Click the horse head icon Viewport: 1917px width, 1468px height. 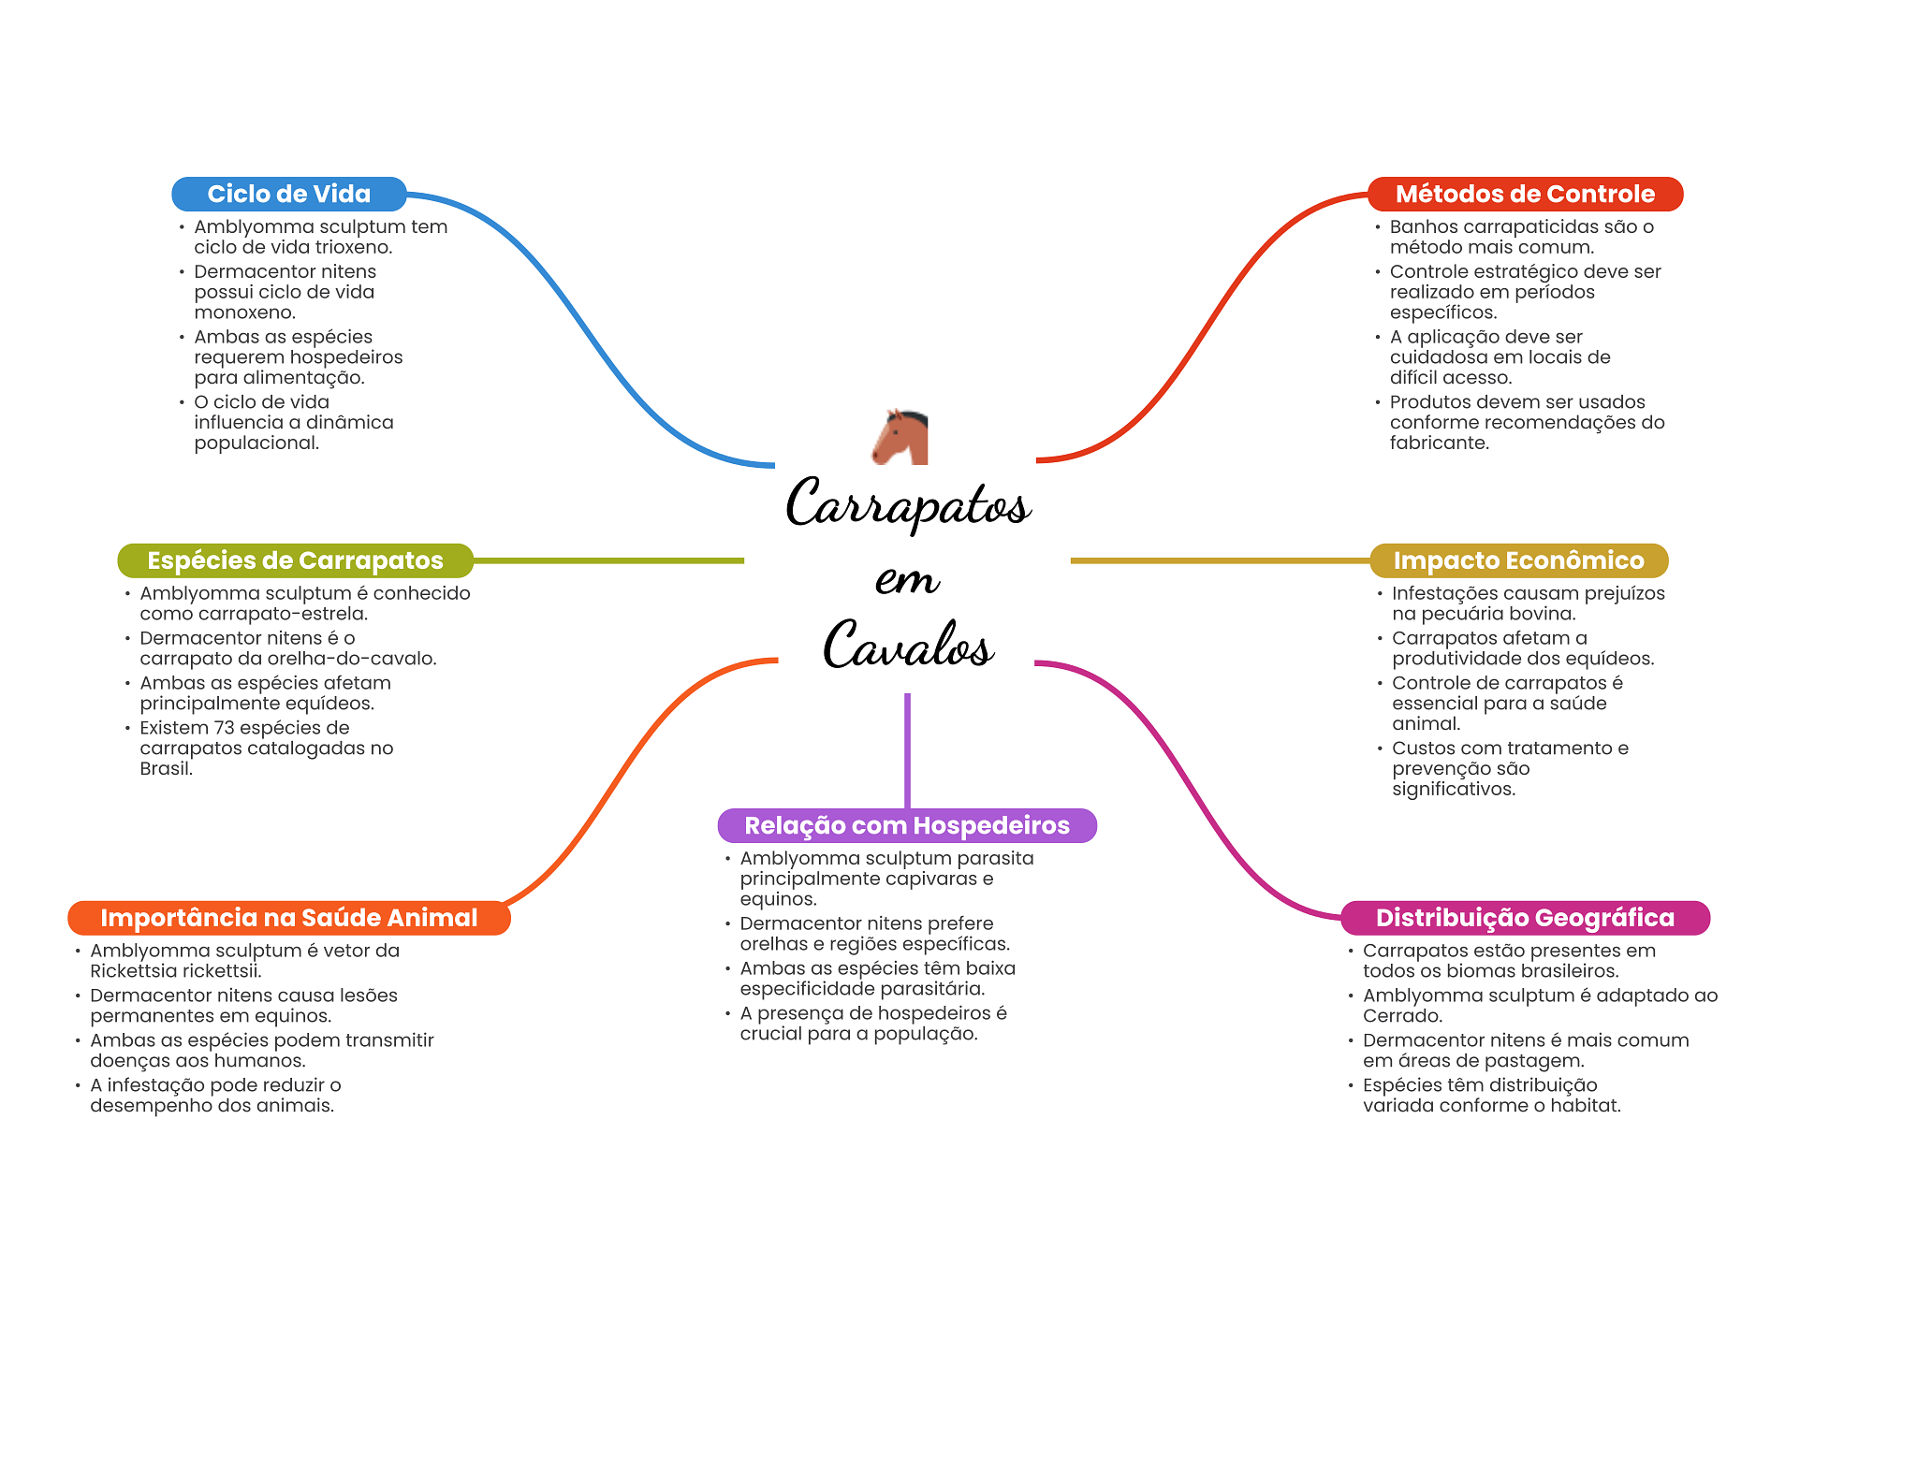[900, 437]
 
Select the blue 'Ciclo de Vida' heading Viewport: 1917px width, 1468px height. [289, 194]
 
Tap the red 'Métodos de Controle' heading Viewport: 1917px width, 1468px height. [1525, 194]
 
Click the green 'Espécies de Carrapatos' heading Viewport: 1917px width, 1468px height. [295, 560]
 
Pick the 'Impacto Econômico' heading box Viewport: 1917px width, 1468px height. [1518, 560]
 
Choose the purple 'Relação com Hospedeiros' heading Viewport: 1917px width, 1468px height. [907, 825]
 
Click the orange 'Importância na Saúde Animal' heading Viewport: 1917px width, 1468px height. [289, 918]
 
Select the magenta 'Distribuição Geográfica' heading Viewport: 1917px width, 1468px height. [1525, 918]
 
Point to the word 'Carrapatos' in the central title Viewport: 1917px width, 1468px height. [908, 503]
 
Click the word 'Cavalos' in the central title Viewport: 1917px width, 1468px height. [908, 645]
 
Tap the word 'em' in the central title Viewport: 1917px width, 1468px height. [907, 579]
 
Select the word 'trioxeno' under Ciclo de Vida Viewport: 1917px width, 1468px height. [353, 247]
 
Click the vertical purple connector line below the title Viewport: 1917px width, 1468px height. [907, 750]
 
